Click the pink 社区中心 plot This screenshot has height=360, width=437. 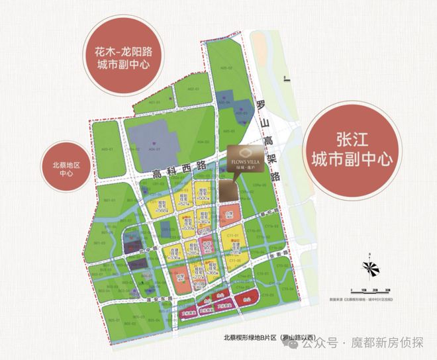coord(207,247)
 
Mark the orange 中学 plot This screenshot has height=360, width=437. coord(181,278)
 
